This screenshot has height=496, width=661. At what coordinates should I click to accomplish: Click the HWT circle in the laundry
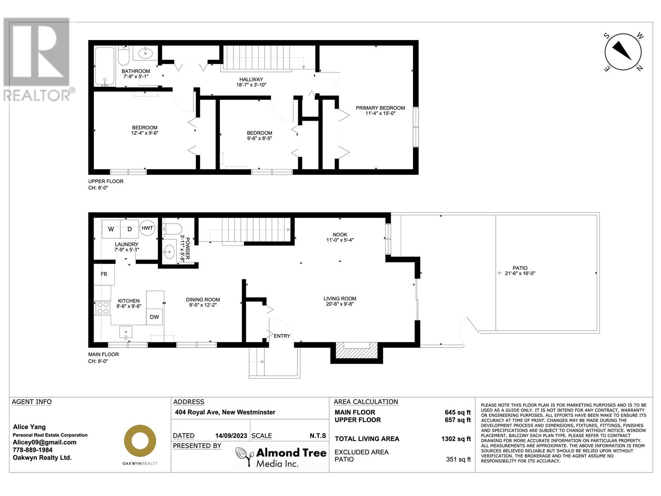(x=147, y=228)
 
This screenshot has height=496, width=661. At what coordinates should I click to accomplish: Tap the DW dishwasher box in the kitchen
(x=154, y=317)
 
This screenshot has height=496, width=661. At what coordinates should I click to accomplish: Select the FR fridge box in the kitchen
(x=104, y=274)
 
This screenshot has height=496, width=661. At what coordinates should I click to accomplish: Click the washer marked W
(x=111, y=229)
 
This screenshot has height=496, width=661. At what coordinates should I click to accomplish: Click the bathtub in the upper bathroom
(x=105, y=66)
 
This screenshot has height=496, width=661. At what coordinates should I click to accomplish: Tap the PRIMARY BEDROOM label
(x=380, y=108)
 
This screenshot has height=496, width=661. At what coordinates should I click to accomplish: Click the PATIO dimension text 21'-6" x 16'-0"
(x=520, y=273)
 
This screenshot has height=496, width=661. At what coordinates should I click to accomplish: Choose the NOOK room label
(x=340, y=234)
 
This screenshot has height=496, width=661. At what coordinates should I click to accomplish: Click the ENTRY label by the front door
(x=282, y=336)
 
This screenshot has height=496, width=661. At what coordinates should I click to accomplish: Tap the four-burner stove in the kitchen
(x=102, y=308)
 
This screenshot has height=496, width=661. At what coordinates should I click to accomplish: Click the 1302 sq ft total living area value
(x=456, y=439)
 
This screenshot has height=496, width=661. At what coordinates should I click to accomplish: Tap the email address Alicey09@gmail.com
(x=45, y=442)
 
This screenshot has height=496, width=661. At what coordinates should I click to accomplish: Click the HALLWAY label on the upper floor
(x=251, y=79)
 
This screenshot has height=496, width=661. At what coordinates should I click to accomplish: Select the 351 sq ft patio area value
(x=458, y=459)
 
